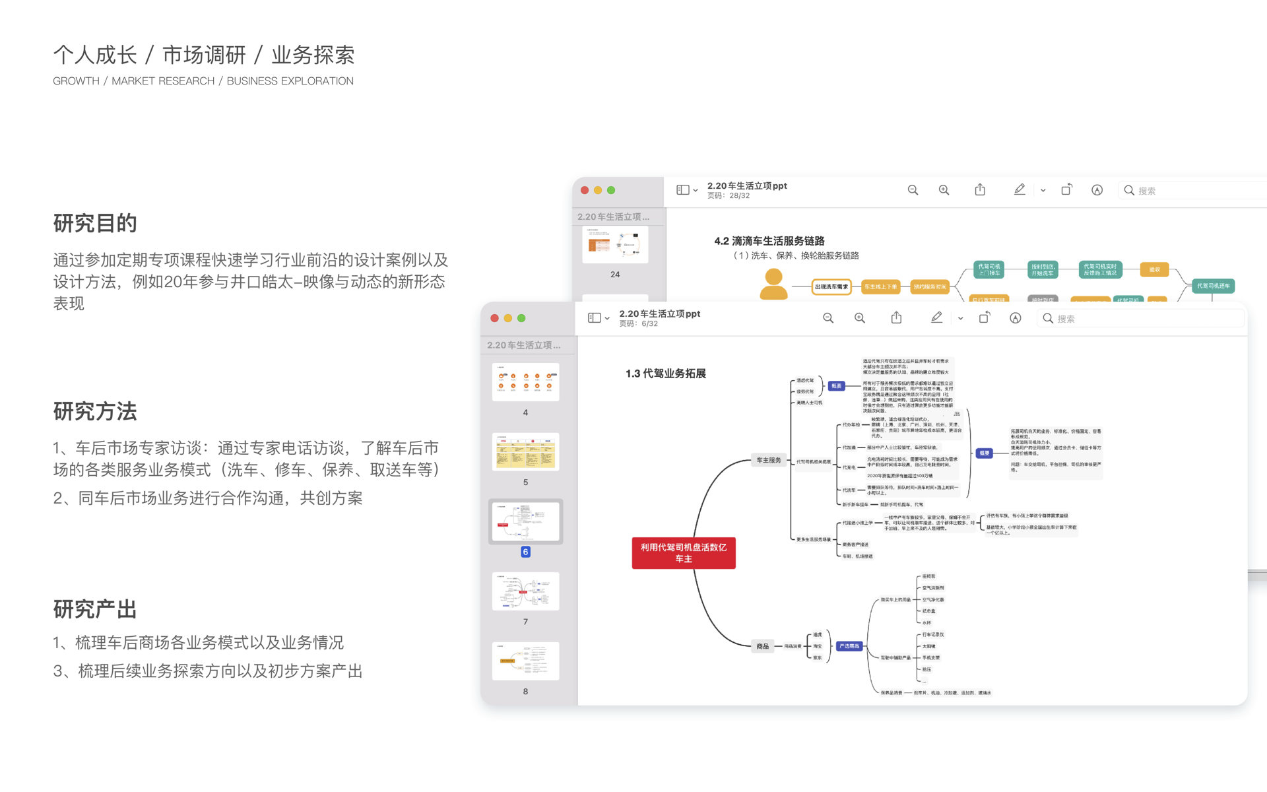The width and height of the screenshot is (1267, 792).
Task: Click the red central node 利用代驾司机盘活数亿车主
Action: pos(683,553)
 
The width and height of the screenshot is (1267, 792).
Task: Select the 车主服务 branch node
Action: pos(768,460)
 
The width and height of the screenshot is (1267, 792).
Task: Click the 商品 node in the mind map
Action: pos(762,646)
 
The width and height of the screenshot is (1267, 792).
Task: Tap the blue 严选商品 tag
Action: pos(849,646)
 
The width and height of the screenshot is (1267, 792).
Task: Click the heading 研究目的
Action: pos(95,224)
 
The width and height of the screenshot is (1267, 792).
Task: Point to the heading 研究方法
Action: pos(95,412)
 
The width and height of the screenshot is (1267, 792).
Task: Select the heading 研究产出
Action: pos(95,609)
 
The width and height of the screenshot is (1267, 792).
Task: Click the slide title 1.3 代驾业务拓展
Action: pos(665,374)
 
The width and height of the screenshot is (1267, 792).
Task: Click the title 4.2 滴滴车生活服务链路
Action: pos(769,241)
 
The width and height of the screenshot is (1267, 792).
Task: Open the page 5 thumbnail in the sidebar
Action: pos(525,451)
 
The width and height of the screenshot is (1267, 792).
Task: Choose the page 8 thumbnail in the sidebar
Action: pos(525,661)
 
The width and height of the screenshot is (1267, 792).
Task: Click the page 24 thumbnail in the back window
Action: pos(615,245)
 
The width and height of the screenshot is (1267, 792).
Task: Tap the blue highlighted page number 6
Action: pos(525,552)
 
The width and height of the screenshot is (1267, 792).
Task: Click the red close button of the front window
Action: pos(494,318)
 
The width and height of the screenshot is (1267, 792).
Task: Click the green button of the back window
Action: pos(611,190)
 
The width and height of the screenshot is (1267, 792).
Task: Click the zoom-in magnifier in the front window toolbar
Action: pos(859,318)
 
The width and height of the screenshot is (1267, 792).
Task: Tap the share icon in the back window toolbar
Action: pos(980,190)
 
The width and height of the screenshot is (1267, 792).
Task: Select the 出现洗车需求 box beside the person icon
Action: pos(831,286)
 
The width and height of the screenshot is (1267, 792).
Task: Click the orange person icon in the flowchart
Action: pos(773,284)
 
